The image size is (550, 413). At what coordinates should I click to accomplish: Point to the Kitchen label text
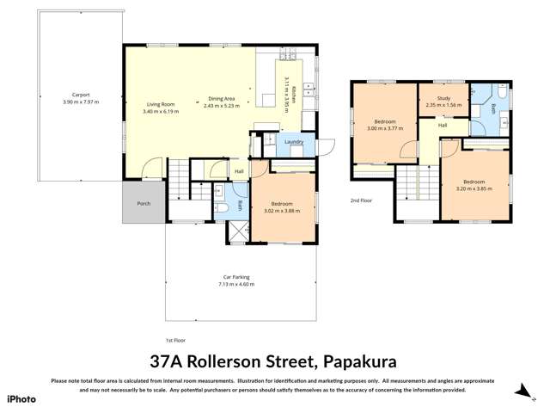point(293,95)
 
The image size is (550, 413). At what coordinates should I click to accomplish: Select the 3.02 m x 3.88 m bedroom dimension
point(281,210)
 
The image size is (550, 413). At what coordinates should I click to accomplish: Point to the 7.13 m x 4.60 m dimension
point(236,284)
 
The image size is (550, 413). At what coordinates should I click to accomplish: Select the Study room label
point(443,99)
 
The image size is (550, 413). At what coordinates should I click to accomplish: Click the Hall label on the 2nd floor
point(443,126)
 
